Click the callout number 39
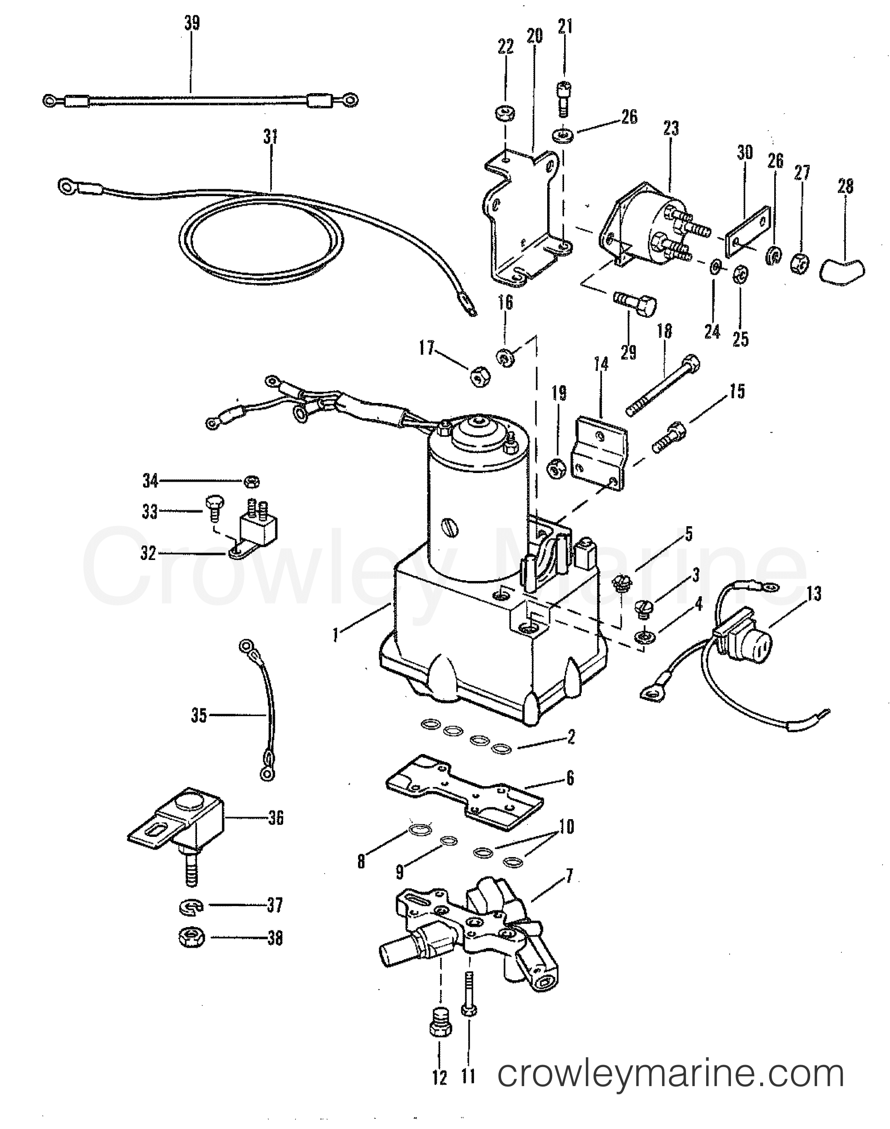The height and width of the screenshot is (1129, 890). point(192,24)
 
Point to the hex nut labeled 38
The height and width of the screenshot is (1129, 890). point(191,938)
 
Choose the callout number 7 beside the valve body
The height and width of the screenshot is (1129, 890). point(569,877)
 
